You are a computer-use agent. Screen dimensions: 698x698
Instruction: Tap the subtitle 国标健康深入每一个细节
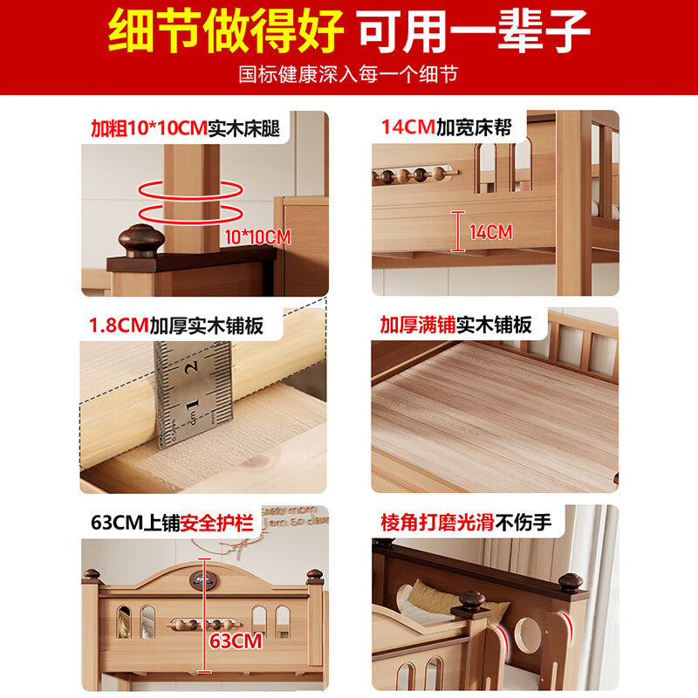click(349, 74)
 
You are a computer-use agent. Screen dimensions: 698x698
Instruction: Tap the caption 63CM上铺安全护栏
click(172, 523)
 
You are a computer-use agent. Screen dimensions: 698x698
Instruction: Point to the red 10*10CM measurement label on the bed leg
click(257, 236)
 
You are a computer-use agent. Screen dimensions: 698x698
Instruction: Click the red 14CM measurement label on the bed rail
click(490, 232)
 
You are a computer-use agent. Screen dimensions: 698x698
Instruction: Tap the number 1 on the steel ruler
click(192, 404)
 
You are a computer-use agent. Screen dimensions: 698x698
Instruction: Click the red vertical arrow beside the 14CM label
click(455, 231)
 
